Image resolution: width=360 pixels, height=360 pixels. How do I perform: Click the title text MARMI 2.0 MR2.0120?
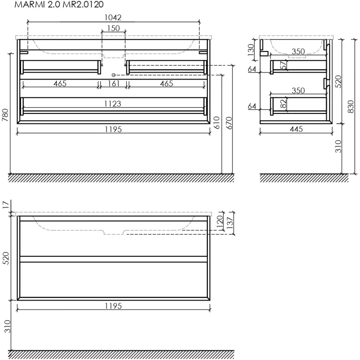[59, 4]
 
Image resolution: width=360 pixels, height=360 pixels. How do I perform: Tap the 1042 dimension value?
[113, 17]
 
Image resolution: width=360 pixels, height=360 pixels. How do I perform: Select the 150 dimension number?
[114, 28]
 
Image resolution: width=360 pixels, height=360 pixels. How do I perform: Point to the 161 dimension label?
[114, 84]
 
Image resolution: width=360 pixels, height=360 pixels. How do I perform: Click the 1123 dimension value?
[112, 104]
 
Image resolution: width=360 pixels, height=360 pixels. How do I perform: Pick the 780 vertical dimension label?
[5, 115]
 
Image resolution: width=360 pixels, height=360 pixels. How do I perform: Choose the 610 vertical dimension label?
[216, 122]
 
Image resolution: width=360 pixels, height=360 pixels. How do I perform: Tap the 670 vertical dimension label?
[229, 123]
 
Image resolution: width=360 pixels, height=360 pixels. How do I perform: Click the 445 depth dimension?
[296, 129]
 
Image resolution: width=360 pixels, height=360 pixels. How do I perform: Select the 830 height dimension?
[351, 107]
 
